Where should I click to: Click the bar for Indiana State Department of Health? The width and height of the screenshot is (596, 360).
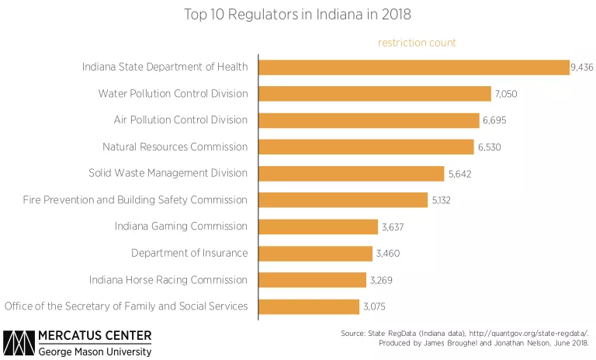[413, 67]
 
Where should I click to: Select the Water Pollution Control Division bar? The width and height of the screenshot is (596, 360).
[374, 94]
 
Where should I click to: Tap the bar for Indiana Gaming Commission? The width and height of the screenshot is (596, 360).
[317, 227]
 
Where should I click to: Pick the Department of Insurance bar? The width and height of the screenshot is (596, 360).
[314, 253]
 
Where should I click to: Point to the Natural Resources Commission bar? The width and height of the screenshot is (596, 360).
[366, 147]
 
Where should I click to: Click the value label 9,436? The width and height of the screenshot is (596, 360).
[582, 68]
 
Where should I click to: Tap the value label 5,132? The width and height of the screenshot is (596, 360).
[440, 200]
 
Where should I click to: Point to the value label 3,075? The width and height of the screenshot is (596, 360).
[372, 306]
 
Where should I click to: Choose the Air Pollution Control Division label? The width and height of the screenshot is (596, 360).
[181, 120]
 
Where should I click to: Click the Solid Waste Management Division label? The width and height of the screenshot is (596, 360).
[168, 173]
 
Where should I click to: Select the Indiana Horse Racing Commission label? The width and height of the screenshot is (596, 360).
[168, 279]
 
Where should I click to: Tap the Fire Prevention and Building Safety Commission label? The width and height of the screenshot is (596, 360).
[135, 199]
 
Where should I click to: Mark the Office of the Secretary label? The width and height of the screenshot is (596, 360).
[126, 306]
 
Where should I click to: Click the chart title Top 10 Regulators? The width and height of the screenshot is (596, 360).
[298, 15]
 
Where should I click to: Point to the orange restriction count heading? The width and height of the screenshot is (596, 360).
[417, 43]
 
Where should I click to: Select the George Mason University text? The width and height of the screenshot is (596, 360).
[95, 351]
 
